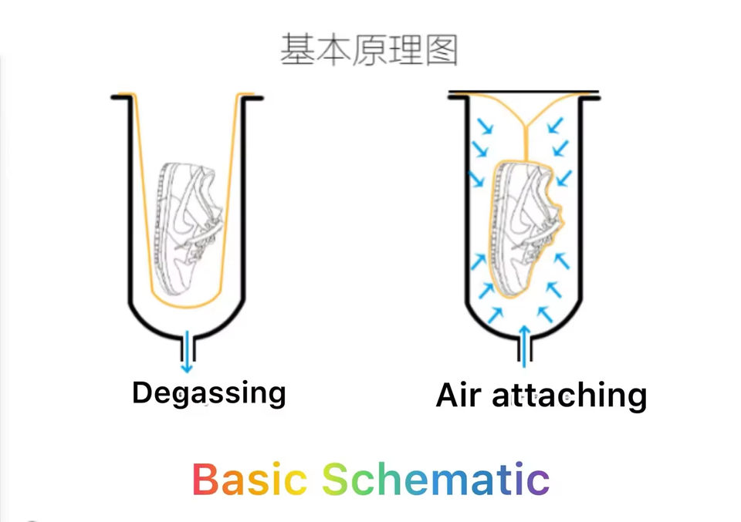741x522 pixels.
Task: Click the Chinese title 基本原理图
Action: pyautogui.click(x=369, y=49)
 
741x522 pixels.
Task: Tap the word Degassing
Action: pyautogui.click(x=209, y=393)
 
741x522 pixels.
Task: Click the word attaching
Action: pyautogui.click(x=569, y=396)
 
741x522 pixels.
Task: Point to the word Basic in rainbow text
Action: pyautogui.click(x=249, y=479)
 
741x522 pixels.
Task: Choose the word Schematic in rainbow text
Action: pyautogui.click(x=435, y=479)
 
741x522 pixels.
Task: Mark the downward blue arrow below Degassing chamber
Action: pyautogui.click(x=187, y=352)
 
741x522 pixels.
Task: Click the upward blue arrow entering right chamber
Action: pyautogui.click(x=523, y=346)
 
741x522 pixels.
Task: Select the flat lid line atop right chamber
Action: pyautogui.click(x=523, y=92)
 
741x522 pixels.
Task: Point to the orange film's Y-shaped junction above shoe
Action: pyautogui.click(x=525, y=126)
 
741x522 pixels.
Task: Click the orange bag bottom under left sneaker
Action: pyautogui.click(x=186, y=302)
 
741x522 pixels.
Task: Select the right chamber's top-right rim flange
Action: pyautogui.click(x=590, y=98)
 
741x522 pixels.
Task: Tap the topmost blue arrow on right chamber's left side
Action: pyautogui.click(x=485, y=126)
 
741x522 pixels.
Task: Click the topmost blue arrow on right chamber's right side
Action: pyautogui.click(x=555, y=125)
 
